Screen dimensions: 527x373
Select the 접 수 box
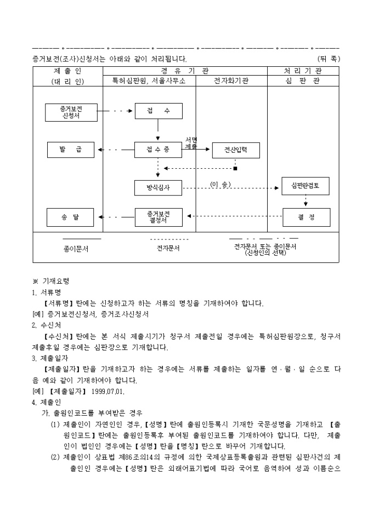[158, 111]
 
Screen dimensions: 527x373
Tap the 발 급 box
[71, 150]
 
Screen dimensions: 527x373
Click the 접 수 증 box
[158, 150]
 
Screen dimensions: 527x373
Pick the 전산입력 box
[236, 150]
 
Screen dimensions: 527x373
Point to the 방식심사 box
[158, 187]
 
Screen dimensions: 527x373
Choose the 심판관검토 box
[306, 186]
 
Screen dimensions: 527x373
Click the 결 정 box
[306, 217]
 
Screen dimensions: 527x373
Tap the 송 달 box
[71, 217]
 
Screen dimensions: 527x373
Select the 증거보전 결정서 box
[158, 217]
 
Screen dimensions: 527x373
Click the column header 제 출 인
[68, 71]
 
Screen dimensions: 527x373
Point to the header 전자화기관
[231, 81]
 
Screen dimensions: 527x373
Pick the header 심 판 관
[303, 81]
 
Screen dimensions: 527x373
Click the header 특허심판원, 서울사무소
[149, 81]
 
